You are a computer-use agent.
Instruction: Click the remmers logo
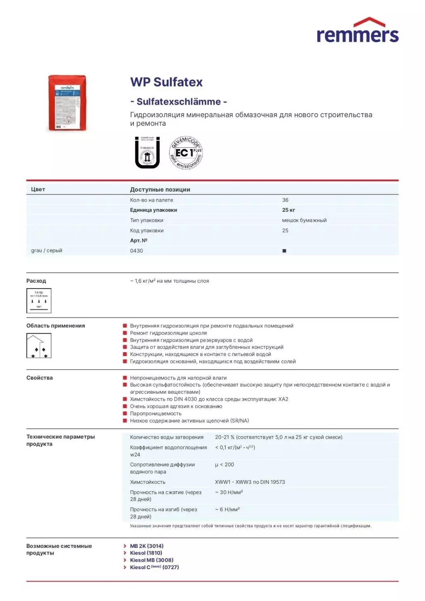(x=357, y=31)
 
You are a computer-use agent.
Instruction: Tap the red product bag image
(x=67, y=103)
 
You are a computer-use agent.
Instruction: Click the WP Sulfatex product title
(x=166, y=82)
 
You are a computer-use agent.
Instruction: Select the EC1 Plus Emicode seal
(x=186, y=153)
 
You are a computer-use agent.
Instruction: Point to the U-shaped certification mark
(x=147, y=153)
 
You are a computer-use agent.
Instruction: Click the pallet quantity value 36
(x=285, y=200)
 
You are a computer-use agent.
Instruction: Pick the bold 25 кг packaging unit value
(x=289, y=210)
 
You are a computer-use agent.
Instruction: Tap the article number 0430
(x=136, y=251)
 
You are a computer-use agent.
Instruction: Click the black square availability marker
(x=284, y=251)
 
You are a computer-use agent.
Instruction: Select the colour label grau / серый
(x=47, y=250)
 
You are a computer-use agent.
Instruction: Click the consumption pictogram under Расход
(x=39, y=300)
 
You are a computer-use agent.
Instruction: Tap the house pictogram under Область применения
(x=39, y=346)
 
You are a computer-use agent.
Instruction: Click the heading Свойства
(x=40, y=378)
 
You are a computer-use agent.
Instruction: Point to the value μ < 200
(x=224, y=465)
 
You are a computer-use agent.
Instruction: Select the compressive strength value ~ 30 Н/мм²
(x=229, y=493)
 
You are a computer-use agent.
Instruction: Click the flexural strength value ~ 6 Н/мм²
(x=227, y=510)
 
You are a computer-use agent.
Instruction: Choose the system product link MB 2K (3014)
(x=147, y=546)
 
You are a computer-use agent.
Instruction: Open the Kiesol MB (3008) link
(x=151, y=560)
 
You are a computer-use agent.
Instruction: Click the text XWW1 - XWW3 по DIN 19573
(x=250, y=482)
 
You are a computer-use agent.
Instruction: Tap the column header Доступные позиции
(x=160, y=190)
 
